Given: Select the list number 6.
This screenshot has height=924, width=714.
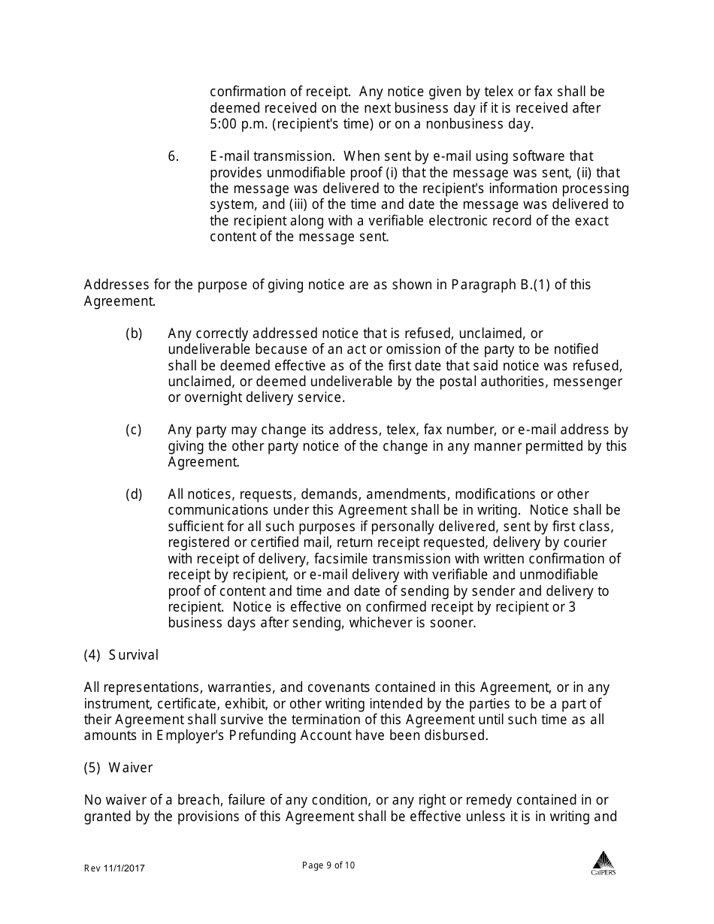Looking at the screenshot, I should pos(173,156).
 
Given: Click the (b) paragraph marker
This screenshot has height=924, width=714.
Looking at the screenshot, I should pos(134,333).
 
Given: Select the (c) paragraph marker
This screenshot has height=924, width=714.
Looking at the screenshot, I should pos(134,430).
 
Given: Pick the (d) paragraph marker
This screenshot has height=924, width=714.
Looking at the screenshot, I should pos(134,494).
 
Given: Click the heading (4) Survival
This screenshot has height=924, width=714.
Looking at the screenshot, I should pos(121,655).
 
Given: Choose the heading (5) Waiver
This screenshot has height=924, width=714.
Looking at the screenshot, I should pos(118,768).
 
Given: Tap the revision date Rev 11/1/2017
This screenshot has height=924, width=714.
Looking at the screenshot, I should pos(114,868).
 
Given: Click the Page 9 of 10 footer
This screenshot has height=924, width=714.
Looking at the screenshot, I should pos(328,865).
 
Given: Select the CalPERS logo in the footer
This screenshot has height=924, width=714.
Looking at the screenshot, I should pos(603,863).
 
